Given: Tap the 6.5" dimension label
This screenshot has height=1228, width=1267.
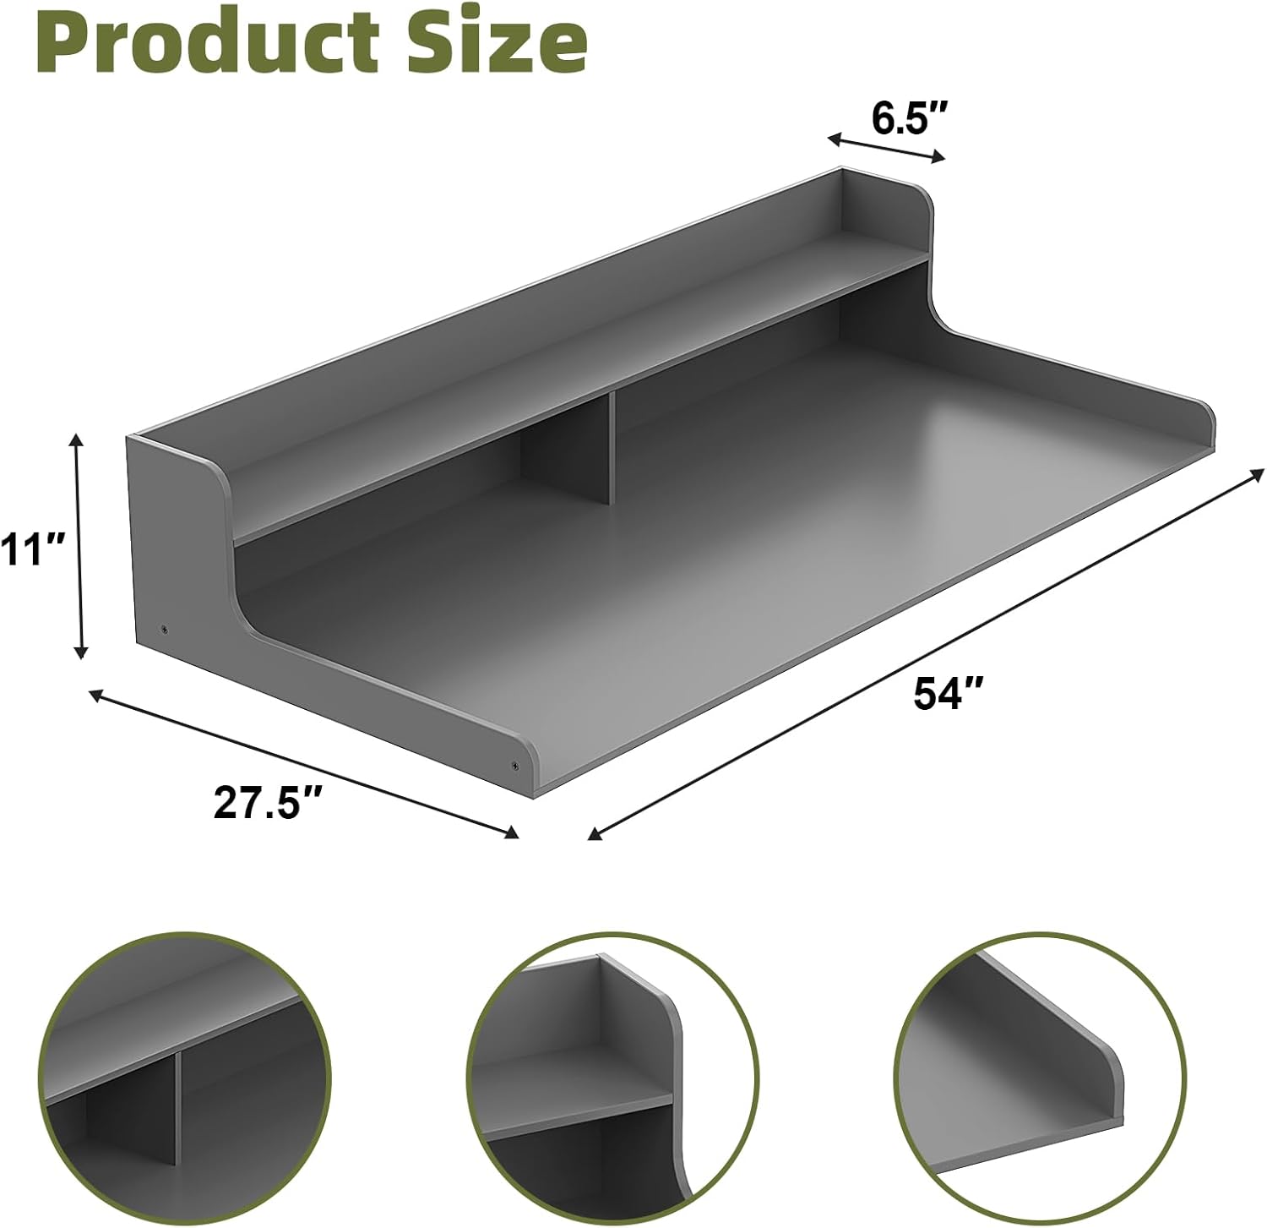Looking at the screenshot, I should [x=908, y=119].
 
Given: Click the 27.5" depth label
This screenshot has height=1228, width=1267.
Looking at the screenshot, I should [x=269, y=802].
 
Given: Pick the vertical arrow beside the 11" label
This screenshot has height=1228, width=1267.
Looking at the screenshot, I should [x=79, y=545].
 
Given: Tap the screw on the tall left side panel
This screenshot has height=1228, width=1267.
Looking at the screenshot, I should [x=164, y=629].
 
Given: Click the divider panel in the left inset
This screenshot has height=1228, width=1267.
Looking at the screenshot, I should [x=177, y=1107].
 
